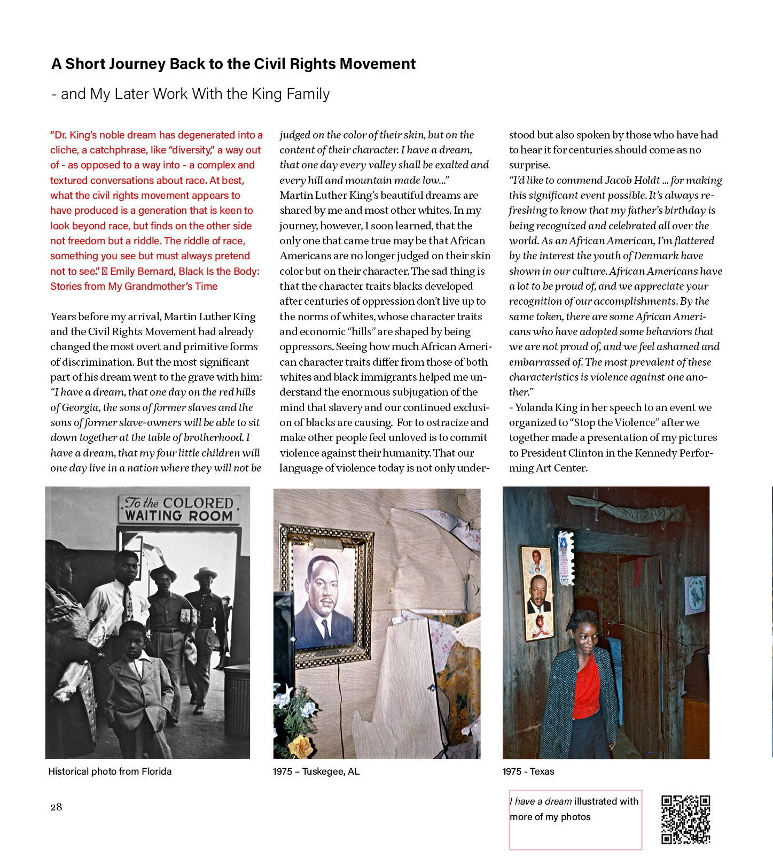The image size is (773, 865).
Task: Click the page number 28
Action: [56, 807]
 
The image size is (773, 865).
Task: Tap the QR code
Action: [685, 820]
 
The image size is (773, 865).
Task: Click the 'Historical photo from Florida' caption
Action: [110, 771]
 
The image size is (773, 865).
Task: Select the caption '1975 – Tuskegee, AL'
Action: [316, 771]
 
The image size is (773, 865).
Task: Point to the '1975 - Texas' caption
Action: [528, 771]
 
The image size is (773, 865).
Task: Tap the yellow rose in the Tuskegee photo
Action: [304, 745]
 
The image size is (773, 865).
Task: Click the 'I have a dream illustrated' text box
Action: [575, 819]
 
